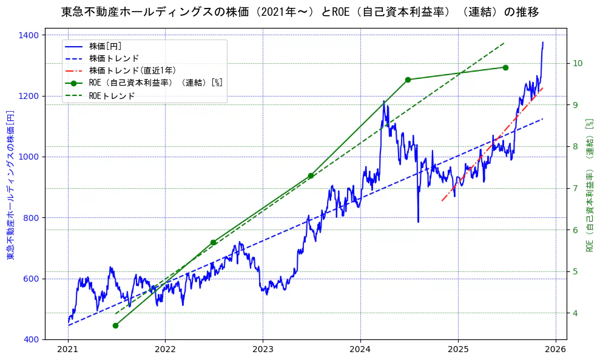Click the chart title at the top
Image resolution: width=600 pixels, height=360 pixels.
coord(300,12)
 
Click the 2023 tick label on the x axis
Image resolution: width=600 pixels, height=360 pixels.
coord(263,350)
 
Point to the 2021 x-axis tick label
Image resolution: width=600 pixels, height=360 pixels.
coord(68,350)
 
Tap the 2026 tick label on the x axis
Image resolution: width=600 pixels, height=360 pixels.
coord(555,350)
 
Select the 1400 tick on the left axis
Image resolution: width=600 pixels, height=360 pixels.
coord(30,35)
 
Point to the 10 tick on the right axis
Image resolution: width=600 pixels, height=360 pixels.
coord(578,63)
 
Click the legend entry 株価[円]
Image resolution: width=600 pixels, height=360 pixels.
coord(106,46)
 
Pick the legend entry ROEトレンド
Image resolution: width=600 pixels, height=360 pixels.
coord(112,95)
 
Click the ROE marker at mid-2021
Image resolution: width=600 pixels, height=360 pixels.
coord(115,325)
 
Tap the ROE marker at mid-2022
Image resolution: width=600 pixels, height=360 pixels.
coord(213,242)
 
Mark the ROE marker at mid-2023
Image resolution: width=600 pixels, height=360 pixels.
coord(311,176)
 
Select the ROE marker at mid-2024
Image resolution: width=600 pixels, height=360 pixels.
coord(408,80)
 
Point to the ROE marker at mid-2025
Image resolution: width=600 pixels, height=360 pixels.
coord(505,67)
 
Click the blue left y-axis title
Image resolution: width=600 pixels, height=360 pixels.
coord(10,185)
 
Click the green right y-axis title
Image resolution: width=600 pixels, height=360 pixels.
coord(589,185)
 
